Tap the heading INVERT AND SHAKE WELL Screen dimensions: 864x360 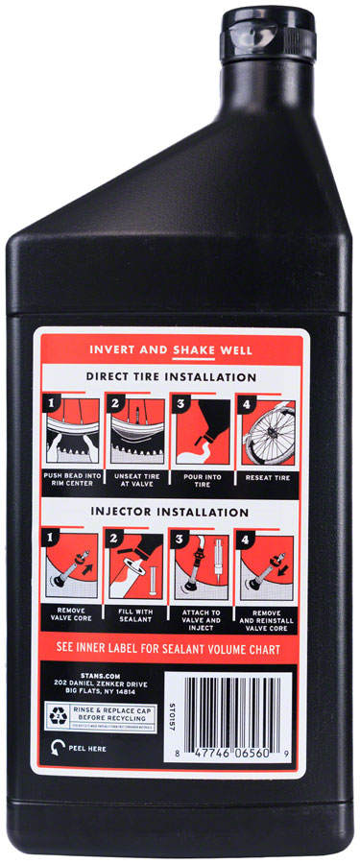tap(180, 349)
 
